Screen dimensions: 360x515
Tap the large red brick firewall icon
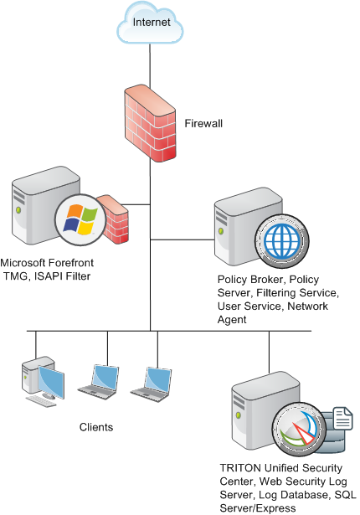pyautogui.click(x=150, y=123)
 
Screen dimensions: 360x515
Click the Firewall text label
pyautogui.click(x=203, y=123)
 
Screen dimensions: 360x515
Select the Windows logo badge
pyautogui.click(x=80, y=219)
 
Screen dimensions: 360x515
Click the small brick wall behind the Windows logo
pyautogui.click(x=113, y=219)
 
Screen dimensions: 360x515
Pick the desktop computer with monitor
pyautogui.click(x=43, y=381)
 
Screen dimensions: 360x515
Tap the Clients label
pyautogui.click(x=96, y=427)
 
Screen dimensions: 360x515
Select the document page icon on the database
pyautogui.click(x=342, y=418)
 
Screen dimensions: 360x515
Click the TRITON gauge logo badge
pyautogui.click(x=300, y=430)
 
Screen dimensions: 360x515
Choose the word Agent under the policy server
pyautogui.click(x=232, y=320)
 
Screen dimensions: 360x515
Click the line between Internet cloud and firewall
pyautogui.click(x=150, y=65)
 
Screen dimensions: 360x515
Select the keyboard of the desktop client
pyautogui.click(x=41, y=401)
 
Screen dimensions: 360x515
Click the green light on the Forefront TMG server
pyautogui.click(x=18, y=209)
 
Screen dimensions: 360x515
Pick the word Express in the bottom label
pyautogui.click(x=277, y=508)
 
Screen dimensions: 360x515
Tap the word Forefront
pyautogui.click(x=71, y=263)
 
